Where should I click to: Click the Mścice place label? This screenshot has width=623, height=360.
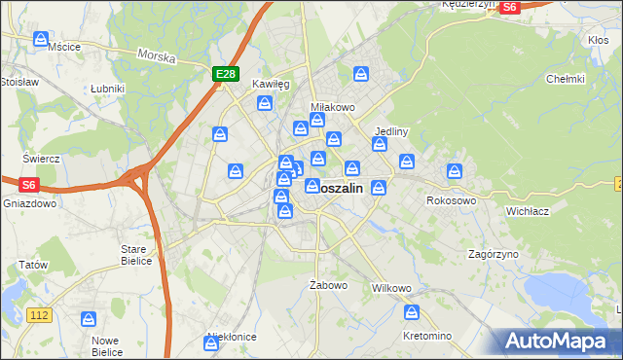pyautogui.click(x=64, y=46)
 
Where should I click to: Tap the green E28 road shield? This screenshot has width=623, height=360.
pyautogui.click(x=225, y=73)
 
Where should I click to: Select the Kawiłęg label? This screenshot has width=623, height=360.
pyautogui.click(x=271, y=85)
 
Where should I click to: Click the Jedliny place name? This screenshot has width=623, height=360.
pyautogui.click(x=390, y=130)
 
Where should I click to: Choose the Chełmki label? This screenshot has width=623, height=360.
pyautogui.click(x=565, y=79)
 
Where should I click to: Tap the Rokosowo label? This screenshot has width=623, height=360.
pyautogui.click(x=451, y=200)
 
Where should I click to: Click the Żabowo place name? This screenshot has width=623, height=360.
pyautogui.click(x=328, y=285)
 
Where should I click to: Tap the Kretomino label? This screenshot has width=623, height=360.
pyautogui.click(x=427, y=336)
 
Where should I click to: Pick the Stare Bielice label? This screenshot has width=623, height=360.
pyautogui.click(x=134, y=255)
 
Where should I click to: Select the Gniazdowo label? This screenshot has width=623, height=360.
pyautogui.click(x=25, y=204)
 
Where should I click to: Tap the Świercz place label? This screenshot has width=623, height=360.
pyautogui.click(x=42, y=158)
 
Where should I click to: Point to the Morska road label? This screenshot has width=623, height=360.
pyautogui.click(x=156, y=56)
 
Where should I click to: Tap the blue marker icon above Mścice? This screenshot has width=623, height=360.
pyautogui.click(x=41, y=39)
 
